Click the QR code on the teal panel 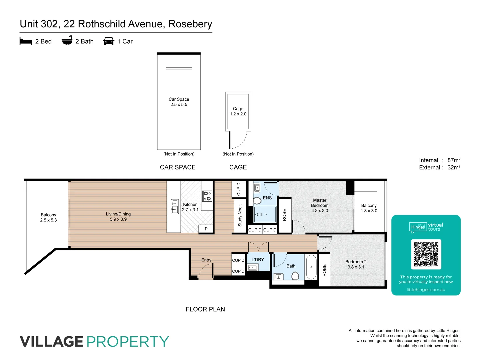point(426,254)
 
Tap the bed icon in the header point(26,41)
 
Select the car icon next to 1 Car point(109,41)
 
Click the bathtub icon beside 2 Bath point(67,41)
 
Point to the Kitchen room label point(190,204)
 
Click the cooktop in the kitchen point(207,196)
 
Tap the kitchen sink point(175,206)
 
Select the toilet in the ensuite point(257,201)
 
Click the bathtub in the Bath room point(311,267)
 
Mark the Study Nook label point(240,215)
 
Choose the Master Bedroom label point(320,203)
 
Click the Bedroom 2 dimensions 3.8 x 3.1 point(356,267)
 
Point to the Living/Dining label point(118,214)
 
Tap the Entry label point(206,260)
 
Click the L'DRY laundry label point(258,260)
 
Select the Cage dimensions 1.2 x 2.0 point(238,114)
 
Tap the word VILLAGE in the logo point(52,342)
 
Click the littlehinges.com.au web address point(426,290)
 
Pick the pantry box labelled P point(206,229)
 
